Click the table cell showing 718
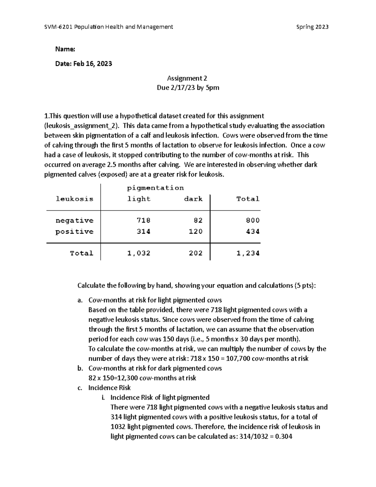pyautogui.click(x=144, y=220)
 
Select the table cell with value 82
pyautogui.click(x=198, y=220)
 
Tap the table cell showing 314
pyautogui.click(x=144, y=231)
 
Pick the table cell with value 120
pyautogui.click(x=196, y=231)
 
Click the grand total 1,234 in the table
pyautogui.click(x=248, y=253)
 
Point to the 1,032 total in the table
pyautogui.click(x=139, y=253)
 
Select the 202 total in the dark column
pyautogui.click(x=196, y=253)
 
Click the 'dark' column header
pyautogui.click(x=193, y=199)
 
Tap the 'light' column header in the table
pyautogui.click(x=139, y=199)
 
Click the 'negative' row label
pyautogui.click(x=75, y=220)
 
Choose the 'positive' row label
pyautogui.click(x=75, y=231)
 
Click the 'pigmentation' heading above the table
pyautogui.click(x=155, y=188)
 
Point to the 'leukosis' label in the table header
pyautogui.click(x=75, y=199)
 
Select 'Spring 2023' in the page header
pyautogui.click(x=312, y=27)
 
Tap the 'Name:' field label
pyautogui.click(x=65, y=49)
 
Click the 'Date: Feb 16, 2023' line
pyautogui.click(x=83, y=64)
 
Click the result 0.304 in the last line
pyautogui.click(x=283, y=437)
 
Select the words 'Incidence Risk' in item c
pyautogui.click(x=109, y=388)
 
